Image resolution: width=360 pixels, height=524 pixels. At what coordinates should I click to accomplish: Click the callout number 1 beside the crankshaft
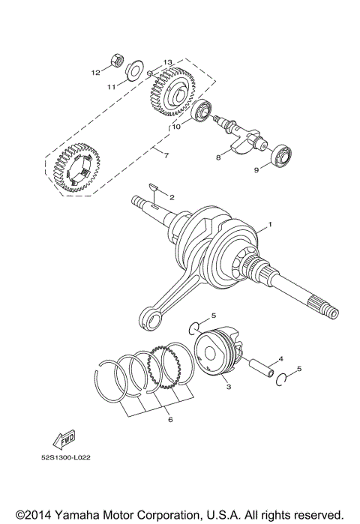pyautogui.click(x=271, y=225)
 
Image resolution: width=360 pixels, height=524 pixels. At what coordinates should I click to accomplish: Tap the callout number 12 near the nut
pyautogui.click(x=95, y=73)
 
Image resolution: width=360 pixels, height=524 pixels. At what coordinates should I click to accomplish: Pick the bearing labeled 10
pyautogui.click(x=202, y=113)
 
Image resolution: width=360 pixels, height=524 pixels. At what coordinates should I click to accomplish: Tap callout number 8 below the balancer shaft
pyautogui.click(x=218, y=158)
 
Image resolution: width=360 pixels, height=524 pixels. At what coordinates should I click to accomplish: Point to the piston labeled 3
pyautogui.click(x=217, y=355)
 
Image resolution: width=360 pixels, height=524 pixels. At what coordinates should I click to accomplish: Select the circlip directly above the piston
pyautogui.click(x=195, y=327)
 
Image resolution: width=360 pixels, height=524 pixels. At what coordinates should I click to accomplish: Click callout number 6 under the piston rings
pyautogui.click(x=169, y=421)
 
